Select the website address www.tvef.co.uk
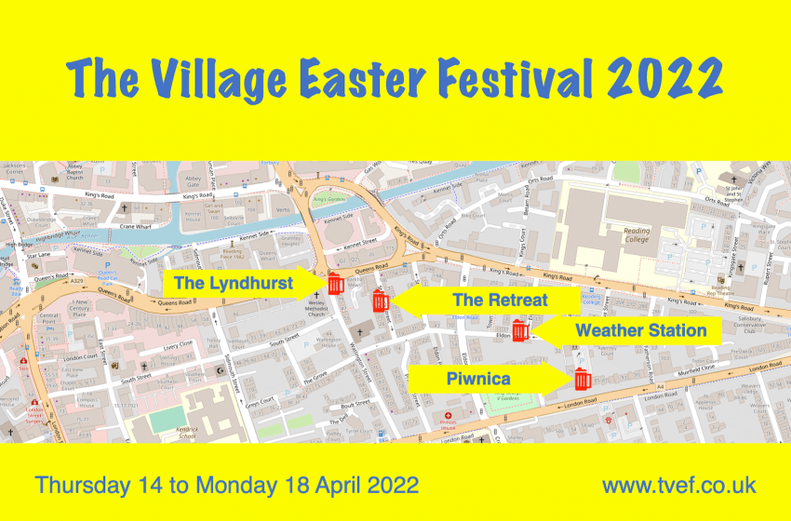click(678, 486)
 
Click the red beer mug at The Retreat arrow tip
click(380, 301)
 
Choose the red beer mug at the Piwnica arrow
click(583, 380)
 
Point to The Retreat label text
click(500, 301)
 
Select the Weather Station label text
click(640, 330)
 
